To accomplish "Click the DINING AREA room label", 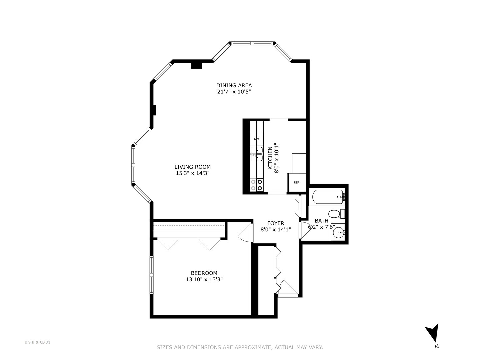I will [234, 85].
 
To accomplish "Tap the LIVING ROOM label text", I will [192, 167].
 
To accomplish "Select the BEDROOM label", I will [204, 273].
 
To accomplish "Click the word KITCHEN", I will [270, 158].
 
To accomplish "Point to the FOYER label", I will [276, 223].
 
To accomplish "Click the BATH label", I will [321, 221].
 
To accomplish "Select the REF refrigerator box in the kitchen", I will [296, 182].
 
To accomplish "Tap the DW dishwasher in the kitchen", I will [256, 139].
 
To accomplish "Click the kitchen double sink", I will [257, 154].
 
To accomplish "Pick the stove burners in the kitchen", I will [257, 185].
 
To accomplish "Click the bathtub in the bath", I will [327, 197].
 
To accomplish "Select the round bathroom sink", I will [339, 232].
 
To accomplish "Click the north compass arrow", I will [433, 333].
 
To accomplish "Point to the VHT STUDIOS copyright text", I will [37, 342].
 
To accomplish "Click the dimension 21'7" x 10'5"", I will [234, 92].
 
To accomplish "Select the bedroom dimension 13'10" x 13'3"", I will [204, 280].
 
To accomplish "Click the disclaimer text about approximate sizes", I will [240, 347].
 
